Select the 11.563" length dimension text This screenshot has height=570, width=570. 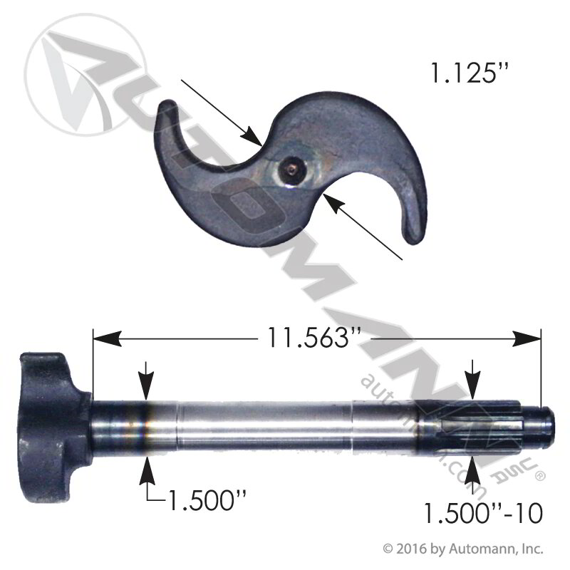(311, 337)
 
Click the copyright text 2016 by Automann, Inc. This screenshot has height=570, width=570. (464, 549)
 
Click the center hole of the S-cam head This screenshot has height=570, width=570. (293, 169)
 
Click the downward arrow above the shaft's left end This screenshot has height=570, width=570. (146, 389)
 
